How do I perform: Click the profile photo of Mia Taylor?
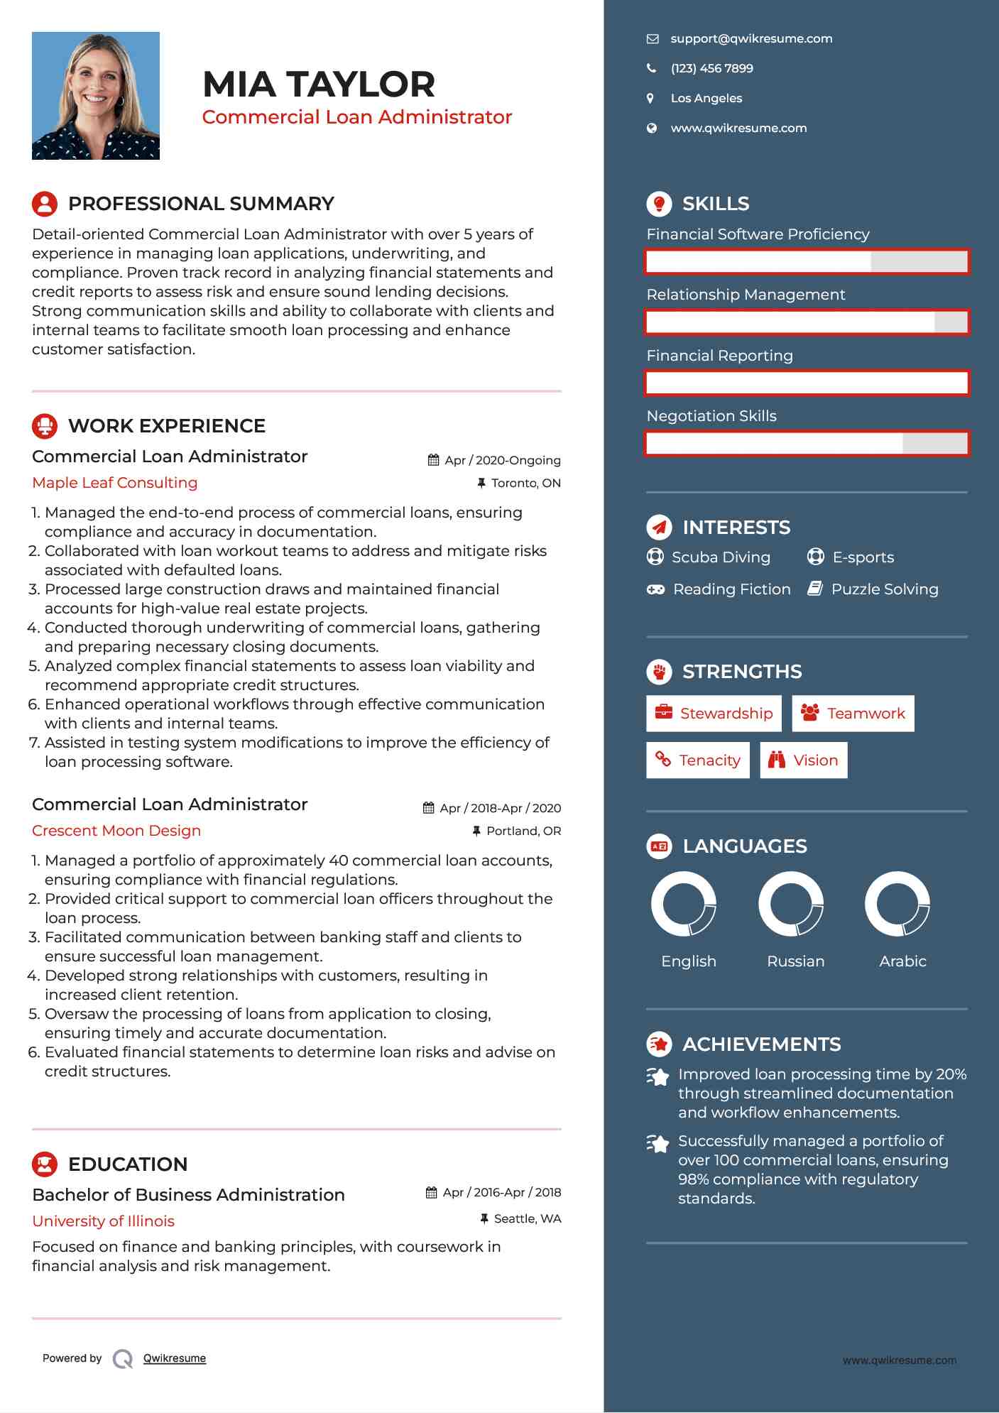pyautogui.click(x=96, y=96)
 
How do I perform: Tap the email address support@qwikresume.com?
pyautogui.click(x=751, y=39)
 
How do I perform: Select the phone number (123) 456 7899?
pyautogui.click(x=711, y=69)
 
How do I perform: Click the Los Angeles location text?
pyautogui.click(x=706, y=99)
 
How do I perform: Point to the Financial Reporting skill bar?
pyautogui.click(x=807, y=383)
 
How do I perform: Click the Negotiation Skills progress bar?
pyautogui.click(x=807, y=444)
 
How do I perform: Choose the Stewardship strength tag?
pyautogui.click(x=714, y=714)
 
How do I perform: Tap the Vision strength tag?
pyautogui.click(x=804, y=760)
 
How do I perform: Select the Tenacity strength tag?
pyautogui.click(x=698, y=760)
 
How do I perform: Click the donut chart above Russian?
pyautogui.click(x=791, y=904)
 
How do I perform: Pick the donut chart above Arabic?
pyautogui.click(x=897, y=904)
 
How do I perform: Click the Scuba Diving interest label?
pyautogui.click(x=721, y=557)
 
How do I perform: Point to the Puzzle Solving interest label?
pyautogui.click(x=885, y=589)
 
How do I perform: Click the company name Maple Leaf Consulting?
pyautogui.click(x=115, y=483)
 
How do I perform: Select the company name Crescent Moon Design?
pyautogui.click(x=116, y=831)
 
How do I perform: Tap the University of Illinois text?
pyautogui.click(x=104, y=1221)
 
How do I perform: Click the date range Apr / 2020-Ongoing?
pyautogui.click(x=502, y=460)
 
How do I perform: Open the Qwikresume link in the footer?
pyautogui.click(x=175, y=1358)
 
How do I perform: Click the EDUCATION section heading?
pyautogui.click(x=128, y=1164)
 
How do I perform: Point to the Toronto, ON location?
pyautogui.click(x=525, y=484)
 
